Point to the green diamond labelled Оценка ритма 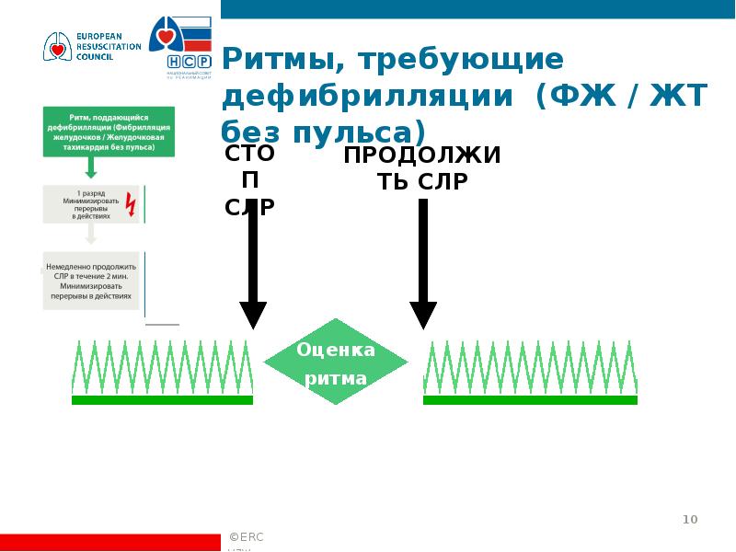pos(336,362)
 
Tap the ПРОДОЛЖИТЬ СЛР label pos(422,167)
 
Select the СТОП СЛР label pos(249,179)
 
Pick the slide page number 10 pos(690,521)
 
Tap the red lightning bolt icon pos(130,204)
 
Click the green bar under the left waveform pos(162,400)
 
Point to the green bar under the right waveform pos(530,400)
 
